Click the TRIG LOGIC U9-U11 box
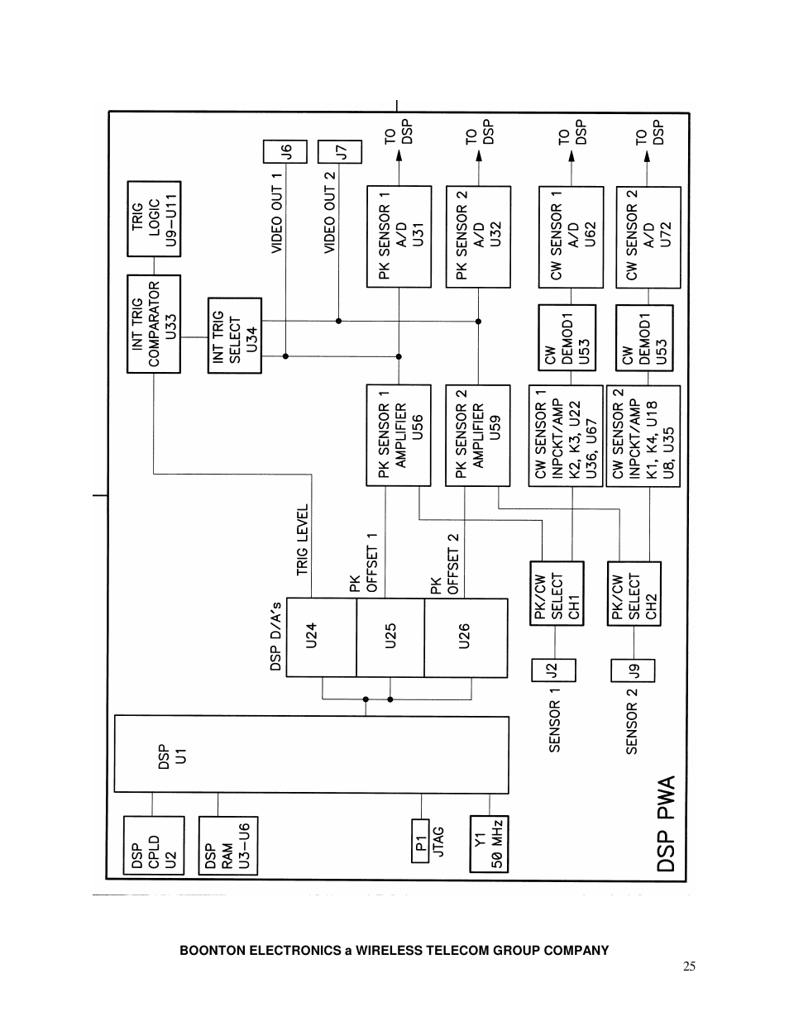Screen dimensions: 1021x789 [153, 219]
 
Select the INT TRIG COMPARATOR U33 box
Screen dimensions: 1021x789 [153, 323]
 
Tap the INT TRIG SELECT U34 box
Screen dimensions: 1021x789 [235, 336]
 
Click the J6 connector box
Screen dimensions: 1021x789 [285, 152]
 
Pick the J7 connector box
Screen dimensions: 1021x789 [339, 152]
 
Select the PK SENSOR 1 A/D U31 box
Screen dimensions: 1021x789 [399, 236]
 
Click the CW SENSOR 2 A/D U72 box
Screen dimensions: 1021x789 [648, 236]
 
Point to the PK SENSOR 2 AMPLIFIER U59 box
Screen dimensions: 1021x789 [478, 435]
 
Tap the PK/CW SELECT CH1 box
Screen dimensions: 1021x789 [557, 594]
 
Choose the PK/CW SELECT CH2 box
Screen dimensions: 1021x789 [634, 594]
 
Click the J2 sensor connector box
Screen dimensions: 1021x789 [554, 670]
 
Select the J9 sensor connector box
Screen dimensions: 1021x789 [632, 670]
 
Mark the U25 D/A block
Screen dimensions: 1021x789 [390, 637]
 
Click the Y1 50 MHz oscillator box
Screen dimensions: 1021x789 [489, 843]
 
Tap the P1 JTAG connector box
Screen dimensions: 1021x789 [421, 842]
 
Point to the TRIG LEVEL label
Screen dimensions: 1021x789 [302, 539]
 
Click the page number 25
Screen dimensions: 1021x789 [690, 966]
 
